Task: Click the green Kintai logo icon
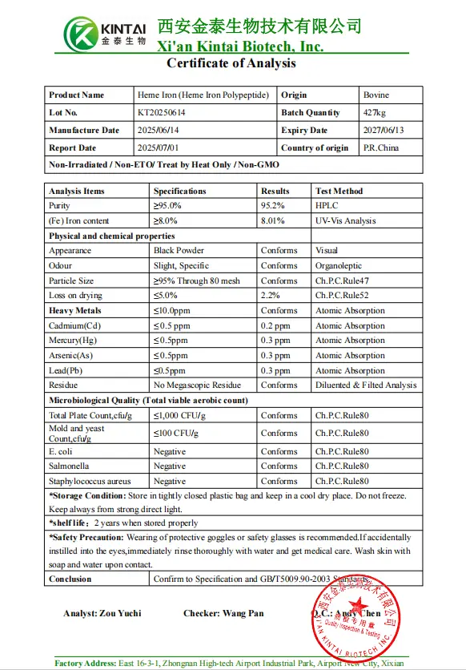click(81, 34)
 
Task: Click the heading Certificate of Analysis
click(231, 63)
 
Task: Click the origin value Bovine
click(376, 95)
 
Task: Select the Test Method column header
click(339, 192)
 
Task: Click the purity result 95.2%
click(274, 206)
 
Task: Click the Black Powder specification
click(179, 251)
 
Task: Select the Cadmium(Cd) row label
click(76, 326)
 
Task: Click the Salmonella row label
click(69, 466)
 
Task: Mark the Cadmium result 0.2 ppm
click(276, 326)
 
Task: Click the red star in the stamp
click(358, 603)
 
